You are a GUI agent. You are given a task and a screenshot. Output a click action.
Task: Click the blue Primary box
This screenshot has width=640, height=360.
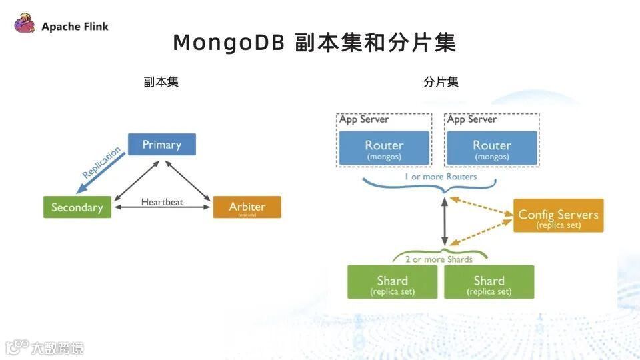point(162,145)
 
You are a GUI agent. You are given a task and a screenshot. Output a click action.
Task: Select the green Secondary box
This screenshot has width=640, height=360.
point(77,207)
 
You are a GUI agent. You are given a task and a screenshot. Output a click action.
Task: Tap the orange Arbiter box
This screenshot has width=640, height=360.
point(247,207)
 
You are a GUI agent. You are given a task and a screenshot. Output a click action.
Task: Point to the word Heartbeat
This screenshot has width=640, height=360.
point(162,201)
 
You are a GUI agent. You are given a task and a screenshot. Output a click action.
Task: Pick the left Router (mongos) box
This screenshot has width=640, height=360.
point(384,148)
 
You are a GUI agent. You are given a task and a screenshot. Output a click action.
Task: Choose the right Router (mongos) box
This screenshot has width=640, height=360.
point(492,148)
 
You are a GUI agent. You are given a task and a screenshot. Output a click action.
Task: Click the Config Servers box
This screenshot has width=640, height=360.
point(558,216)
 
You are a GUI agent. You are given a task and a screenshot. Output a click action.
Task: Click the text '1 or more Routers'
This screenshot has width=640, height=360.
point(441,177)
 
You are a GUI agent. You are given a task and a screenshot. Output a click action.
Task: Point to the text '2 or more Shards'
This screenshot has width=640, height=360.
point(439,259)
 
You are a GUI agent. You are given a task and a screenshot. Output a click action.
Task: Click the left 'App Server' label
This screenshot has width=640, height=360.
point(364,119)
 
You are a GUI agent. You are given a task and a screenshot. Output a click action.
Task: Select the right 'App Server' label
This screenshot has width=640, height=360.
point(472,119)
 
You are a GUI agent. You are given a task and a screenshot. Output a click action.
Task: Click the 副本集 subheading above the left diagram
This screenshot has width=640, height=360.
point(161,83)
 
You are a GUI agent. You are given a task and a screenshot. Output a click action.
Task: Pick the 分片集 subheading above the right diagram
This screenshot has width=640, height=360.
point(441,83)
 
